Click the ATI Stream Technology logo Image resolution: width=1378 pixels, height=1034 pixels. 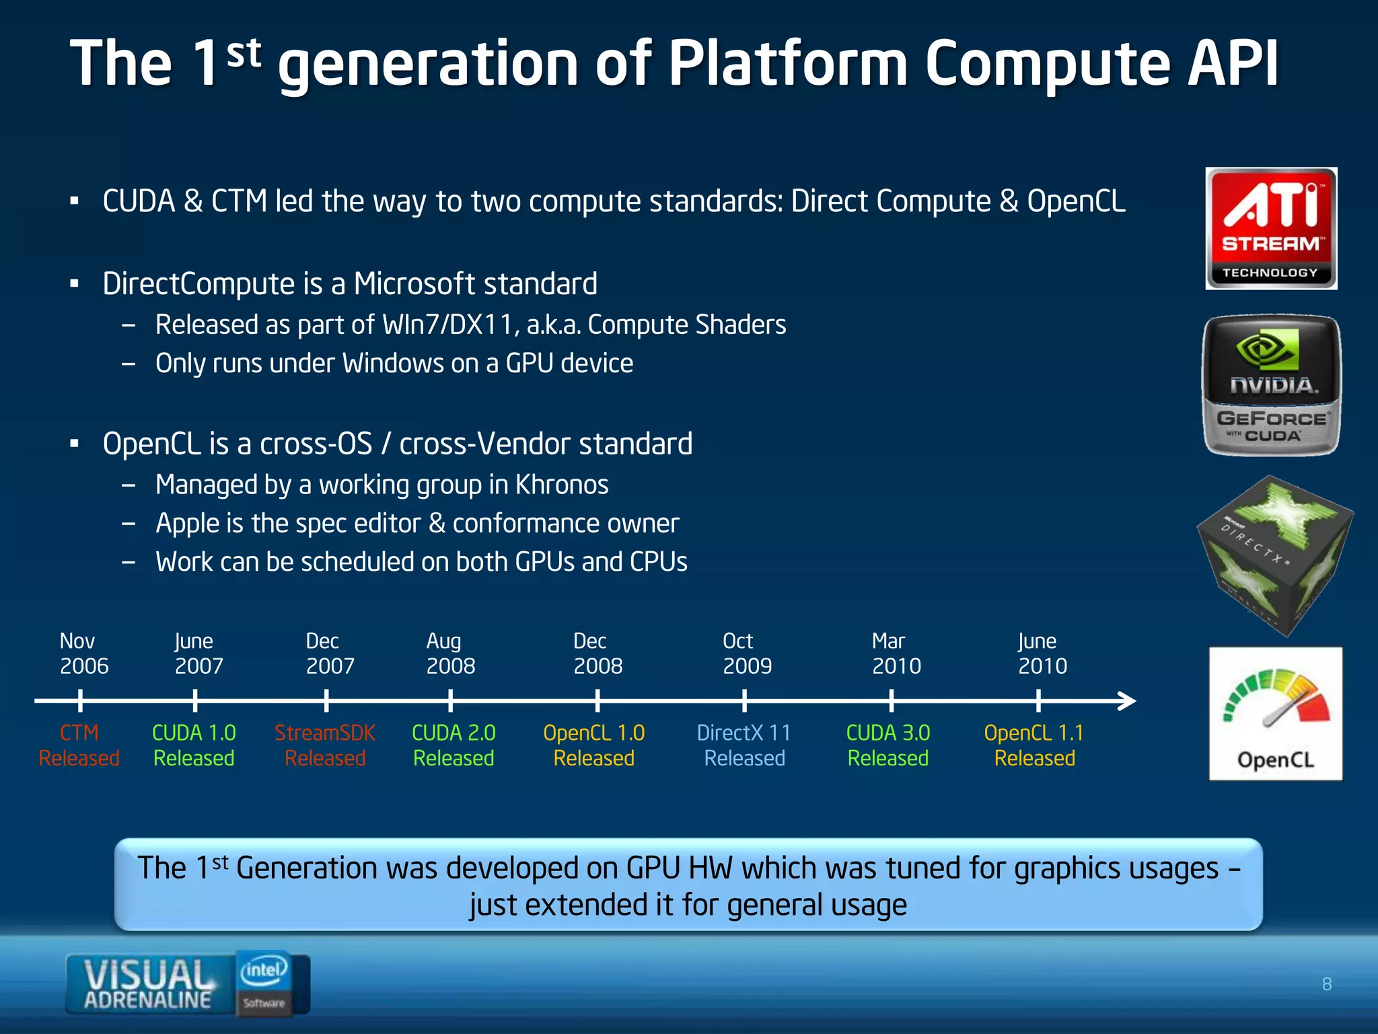click(1270, 229)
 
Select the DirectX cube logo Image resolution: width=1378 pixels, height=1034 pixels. click(1274, 555)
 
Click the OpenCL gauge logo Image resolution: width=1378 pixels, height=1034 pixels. click(1275, 714)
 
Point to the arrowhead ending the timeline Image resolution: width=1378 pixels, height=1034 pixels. click(1128, 701)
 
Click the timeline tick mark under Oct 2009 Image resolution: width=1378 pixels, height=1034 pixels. click(744, 701)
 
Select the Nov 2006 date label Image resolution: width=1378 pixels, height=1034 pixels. click(83, 653)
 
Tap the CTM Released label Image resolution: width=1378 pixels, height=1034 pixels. click(79, 745)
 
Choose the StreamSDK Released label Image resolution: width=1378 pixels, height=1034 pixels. click(325, 745)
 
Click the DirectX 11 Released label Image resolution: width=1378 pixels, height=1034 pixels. click(744, 745)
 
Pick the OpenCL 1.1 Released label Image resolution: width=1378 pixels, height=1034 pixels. click(1034, 745)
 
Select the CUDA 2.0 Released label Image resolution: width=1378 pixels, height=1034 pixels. click(454, 745)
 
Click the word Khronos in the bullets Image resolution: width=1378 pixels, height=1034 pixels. click(562, 485)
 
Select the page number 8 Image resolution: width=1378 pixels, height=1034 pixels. click(1326, 984)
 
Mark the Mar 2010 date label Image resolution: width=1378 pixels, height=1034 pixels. click(896, 653)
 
